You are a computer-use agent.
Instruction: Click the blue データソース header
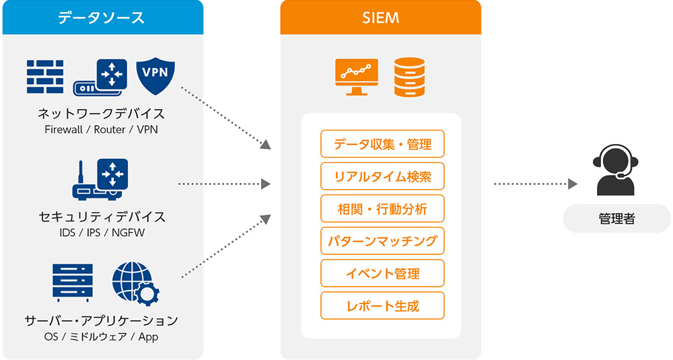[102, 17]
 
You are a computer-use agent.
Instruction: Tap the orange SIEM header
[380, 17]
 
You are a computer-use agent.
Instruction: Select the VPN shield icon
[155, 76]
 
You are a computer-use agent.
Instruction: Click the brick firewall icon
[45, 77]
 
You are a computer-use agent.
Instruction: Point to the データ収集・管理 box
[382, 144]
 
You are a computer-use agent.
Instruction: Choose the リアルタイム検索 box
[382, 176]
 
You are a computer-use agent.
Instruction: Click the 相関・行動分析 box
[382, 209]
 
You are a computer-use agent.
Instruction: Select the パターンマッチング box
[382, 241]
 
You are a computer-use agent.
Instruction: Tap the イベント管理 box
[382, 273]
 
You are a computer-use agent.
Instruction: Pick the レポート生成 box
[382, 305]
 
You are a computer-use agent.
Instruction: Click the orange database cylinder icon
[409, 77]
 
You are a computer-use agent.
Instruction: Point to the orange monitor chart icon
[356, 77]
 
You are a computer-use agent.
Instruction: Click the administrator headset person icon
[616, 170]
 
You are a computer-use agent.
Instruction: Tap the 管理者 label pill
[616, 219]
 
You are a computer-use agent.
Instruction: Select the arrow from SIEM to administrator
[536, 184]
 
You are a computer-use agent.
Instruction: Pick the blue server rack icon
[73, 283]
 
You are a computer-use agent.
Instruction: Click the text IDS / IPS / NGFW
[102, 233]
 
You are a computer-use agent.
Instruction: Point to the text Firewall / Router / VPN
[102, 129]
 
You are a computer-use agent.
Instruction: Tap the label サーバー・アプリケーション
[102, 320]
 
